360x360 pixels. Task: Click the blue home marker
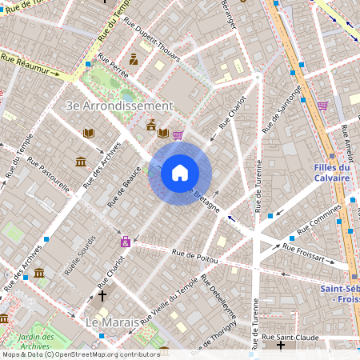tap(180, 172)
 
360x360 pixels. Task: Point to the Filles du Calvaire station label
tap(327, 173)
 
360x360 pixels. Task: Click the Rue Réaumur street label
tap(30, 65)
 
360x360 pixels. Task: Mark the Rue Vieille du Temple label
tap(170, 300)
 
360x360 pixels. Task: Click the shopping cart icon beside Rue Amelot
tap(322, 106)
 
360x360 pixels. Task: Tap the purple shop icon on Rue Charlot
tap(125, 242)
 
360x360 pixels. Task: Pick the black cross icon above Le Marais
tap(102, 296)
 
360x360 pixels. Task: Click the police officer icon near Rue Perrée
tap(134, 59)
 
